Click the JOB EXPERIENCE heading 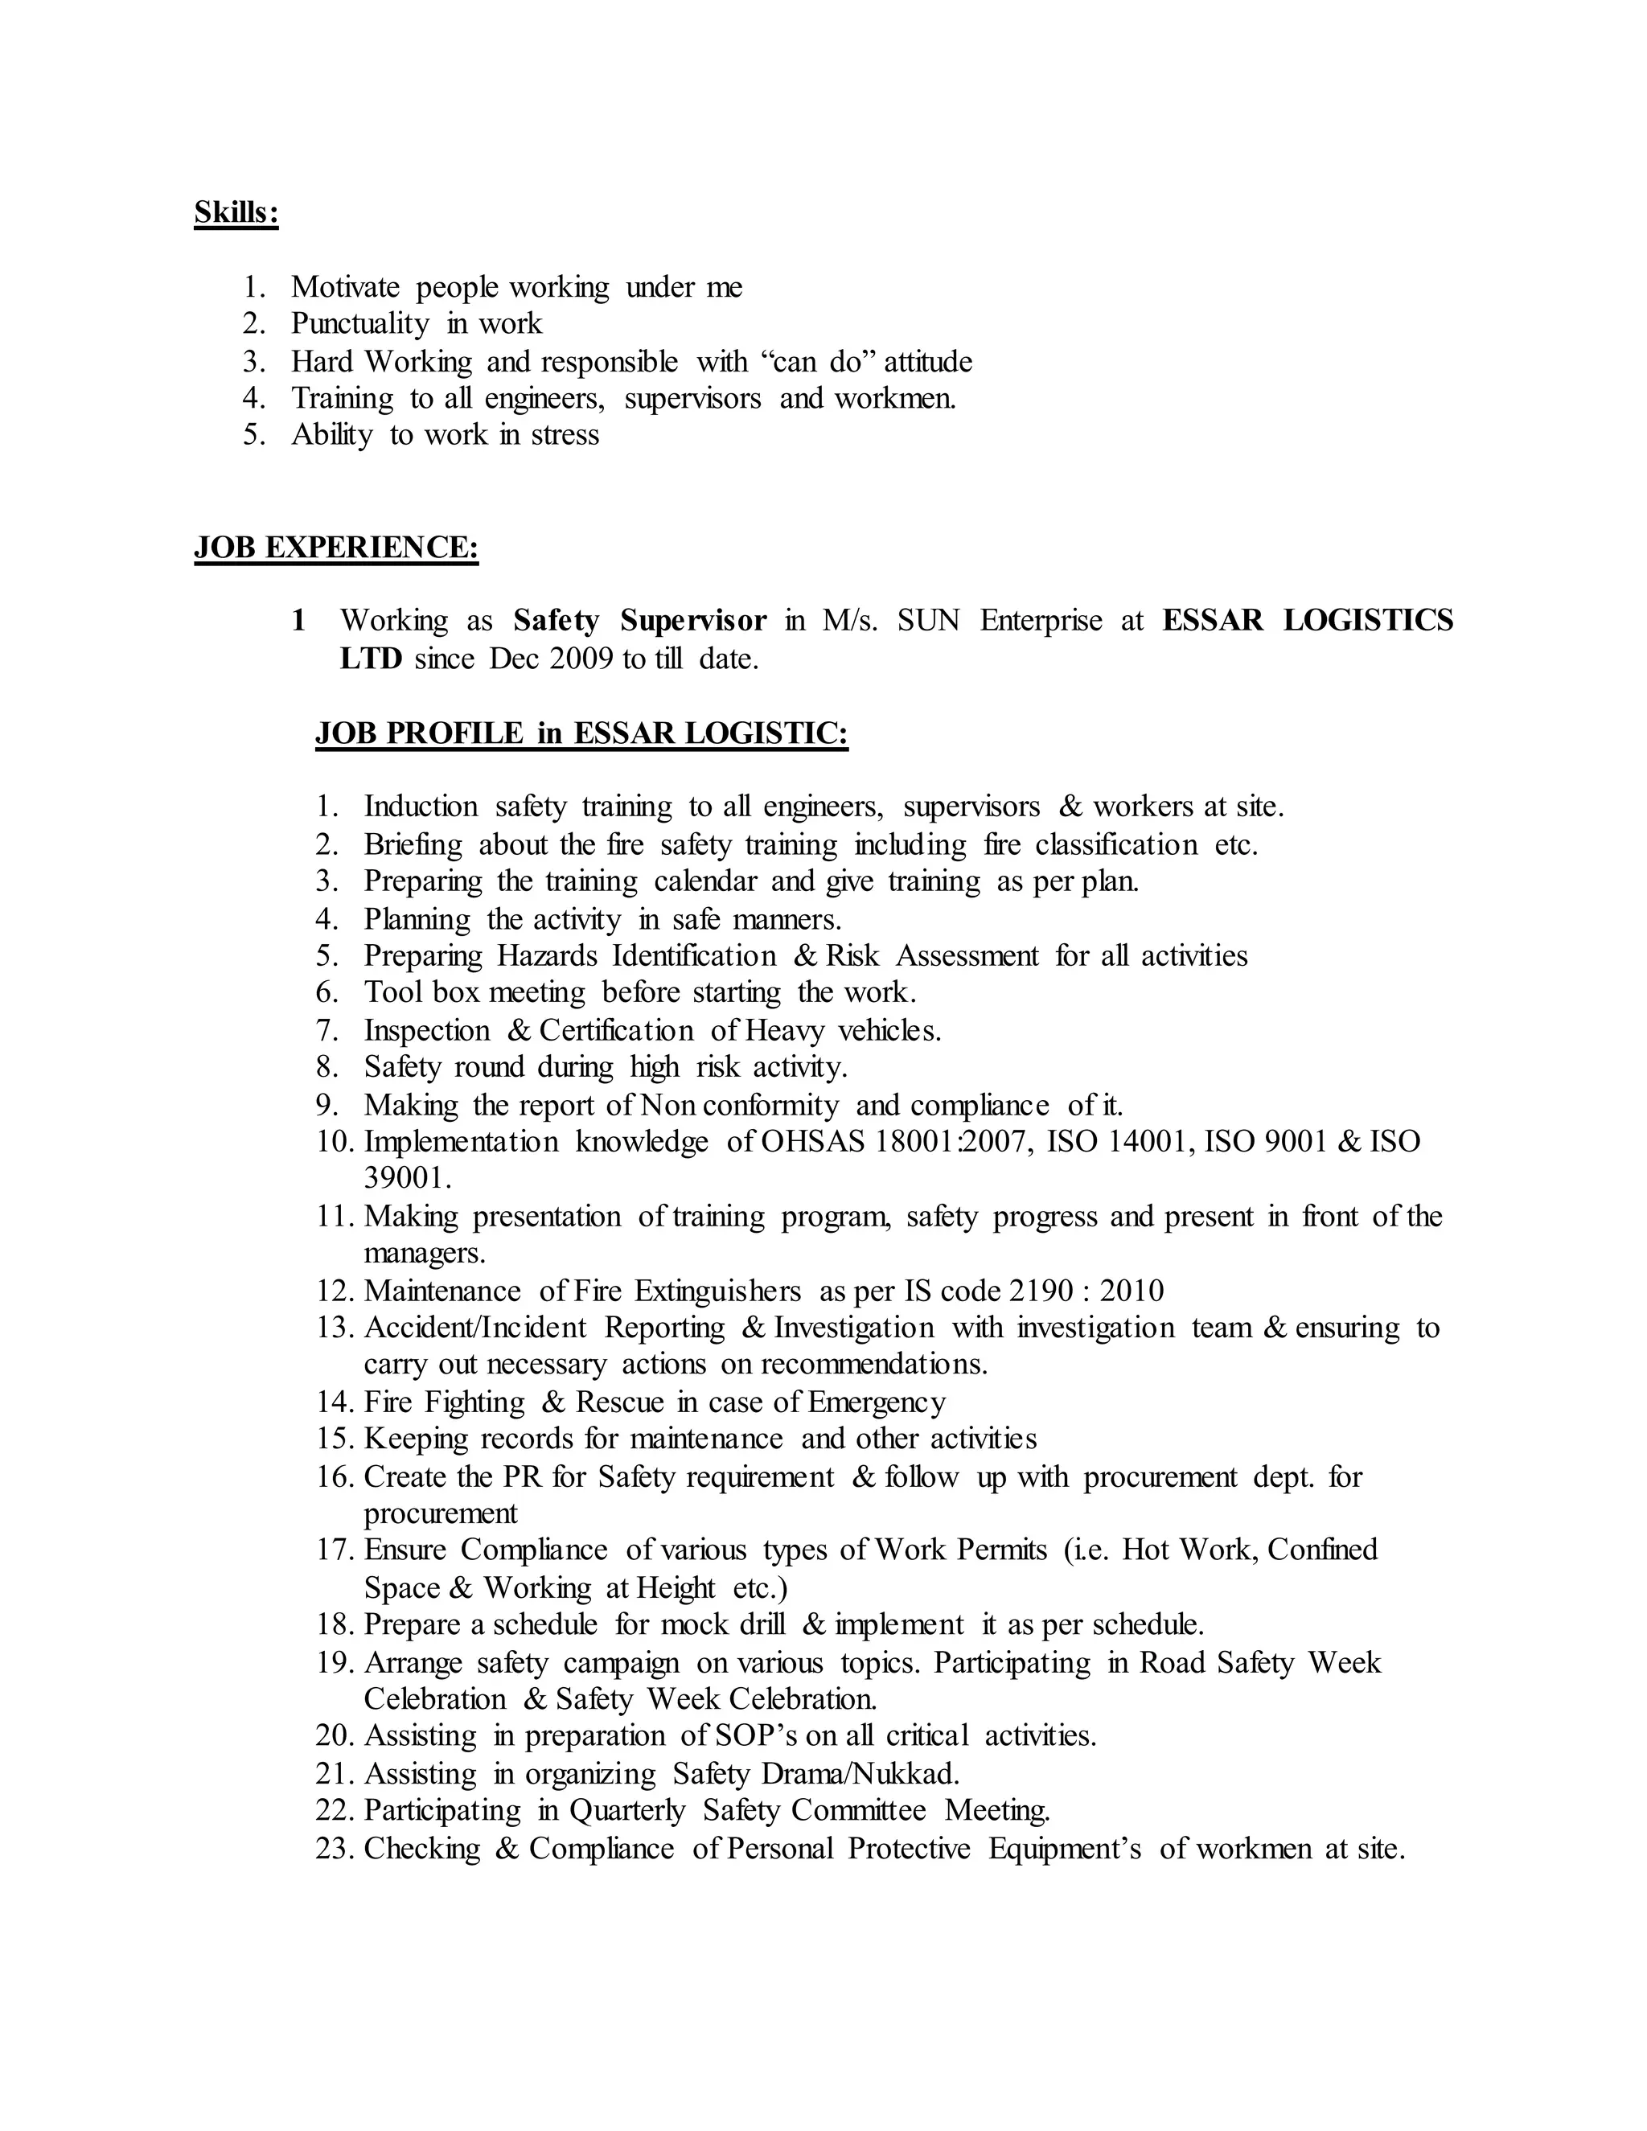[335, 548]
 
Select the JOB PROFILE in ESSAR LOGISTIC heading [581, 733]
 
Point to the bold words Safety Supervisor [640, 621]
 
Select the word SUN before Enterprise [929, 621]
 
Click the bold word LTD [371, 659]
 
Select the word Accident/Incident [475, 1328]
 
